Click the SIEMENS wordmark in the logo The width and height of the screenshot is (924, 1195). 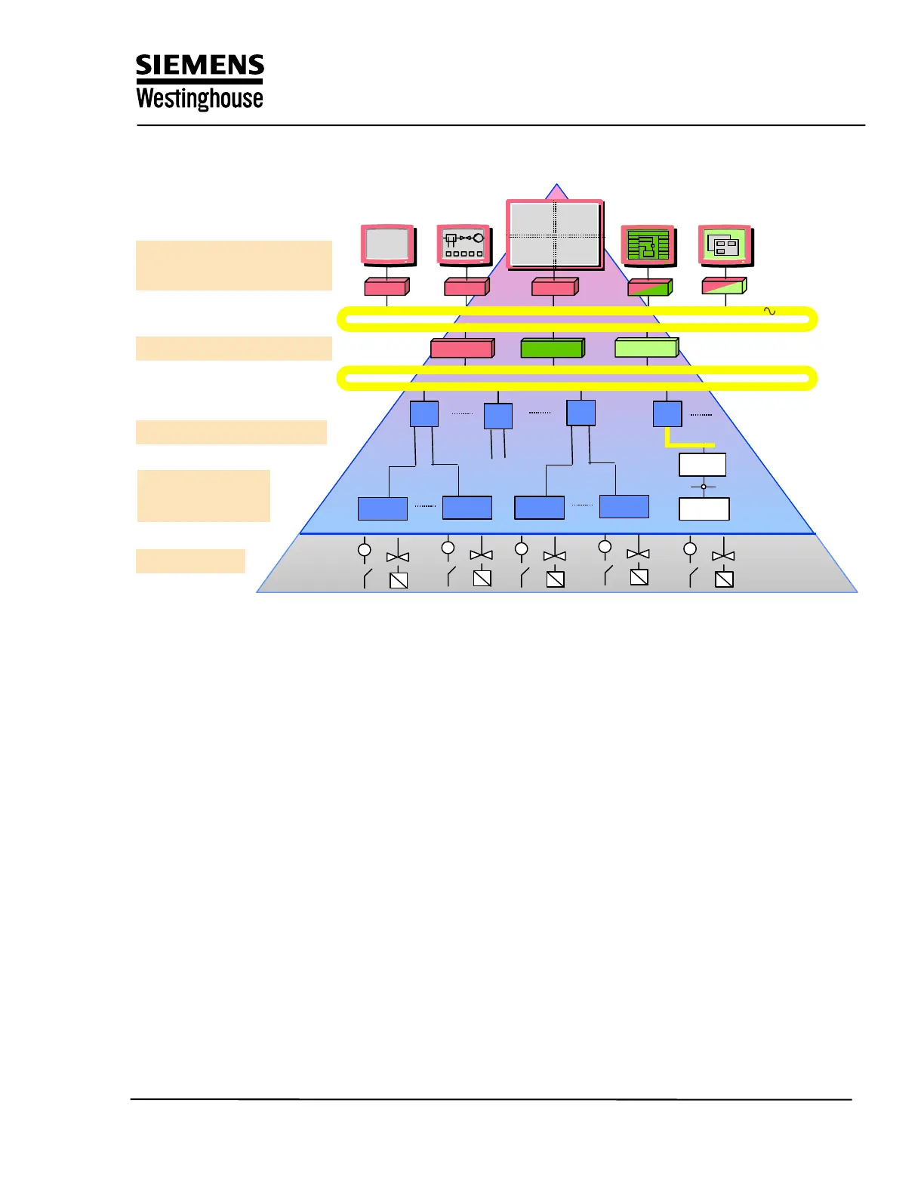(x=200, y=66)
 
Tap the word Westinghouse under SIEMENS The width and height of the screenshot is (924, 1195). (x=199, y=99)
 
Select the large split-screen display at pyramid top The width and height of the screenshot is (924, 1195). (x=555, y=235)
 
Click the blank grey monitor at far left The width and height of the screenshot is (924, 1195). (x=387, y=244)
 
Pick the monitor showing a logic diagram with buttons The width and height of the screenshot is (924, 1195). (x=464, y=244)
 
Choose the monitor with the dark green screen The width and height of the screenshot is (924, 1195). (x=648, y=245)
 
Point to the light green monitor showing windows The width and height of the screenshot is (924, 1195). (x=725, y=245)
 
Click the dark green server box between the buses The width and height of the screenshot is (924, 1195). (x=553, y=348)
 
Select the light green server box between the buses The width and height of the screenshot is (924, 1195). (x=647, y=348)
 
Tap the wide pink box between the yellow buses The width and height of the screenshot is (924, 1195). (x=462, y=348)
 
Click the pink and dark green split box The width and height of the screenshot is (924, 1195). (x=649, y=287)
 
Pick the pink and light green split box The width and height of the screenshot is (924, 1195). (x=724, y=286)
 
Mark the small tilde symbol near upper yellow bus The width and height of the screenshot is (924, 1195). (x=770, y=311)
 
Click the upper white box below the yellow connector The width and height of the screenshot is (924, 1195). (x=703, y=465)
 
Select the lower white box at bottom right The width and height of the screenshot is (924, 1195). (x=704, y=509)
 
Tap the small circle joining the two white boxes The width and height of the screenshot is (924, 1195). (x=704, y=487)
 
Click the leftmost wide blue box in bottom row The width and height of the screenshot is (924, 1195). (x=383, y=508)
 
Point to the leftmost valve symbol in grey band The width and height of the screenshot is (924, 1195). (x=398, y=557)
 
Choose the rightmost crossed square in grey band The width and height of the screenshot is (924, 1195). (x=724, y=579)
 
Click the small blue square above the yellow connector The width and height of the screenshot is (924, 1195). (x=667, y=414)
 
